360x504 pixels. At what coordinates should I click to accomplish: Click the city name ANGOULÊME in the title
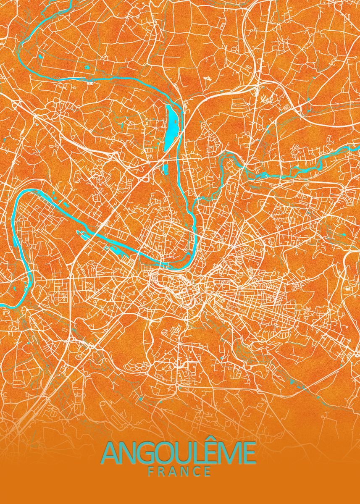coord(179,453)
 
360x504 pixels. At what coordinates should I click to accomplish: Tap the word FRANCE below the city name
coord(179,472)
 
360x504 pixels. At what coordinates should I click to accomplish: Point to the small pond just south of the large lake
coord(166,169)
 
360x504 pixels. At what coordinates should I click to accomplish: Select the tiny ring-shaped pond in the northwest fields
coord(87,67)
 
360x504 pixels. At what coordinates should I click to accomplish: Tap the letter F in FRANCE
coord(151,472)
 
